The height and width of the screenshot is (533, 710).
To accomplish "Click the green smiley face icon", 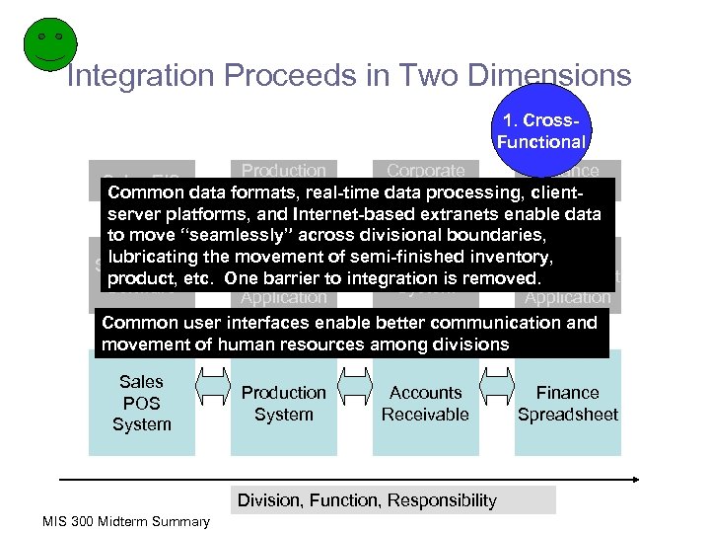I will coord(44,45).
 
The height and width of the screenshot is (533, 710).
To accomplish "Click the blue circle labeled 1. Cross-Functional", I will coord(540,131).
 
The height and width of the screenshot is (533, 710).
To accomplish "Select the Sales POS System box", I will coord(141,403).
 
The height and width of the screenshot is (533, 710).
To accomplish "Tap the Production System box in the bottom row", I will coord(283,404).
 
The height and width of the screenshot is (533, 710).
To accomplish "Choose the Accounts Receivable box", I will coord(425,404).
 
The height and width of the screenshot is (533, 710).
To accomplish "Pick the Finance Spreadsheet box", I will coord(567,404).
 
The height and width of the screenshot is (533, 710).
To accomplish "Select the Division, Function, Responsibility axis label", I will coord(367,500).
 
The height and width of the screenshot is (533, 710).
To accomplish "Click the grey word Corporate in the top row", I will coord(425,171).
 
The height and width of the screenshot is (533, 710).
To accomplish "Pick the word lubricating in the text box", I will coord(156,257).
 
